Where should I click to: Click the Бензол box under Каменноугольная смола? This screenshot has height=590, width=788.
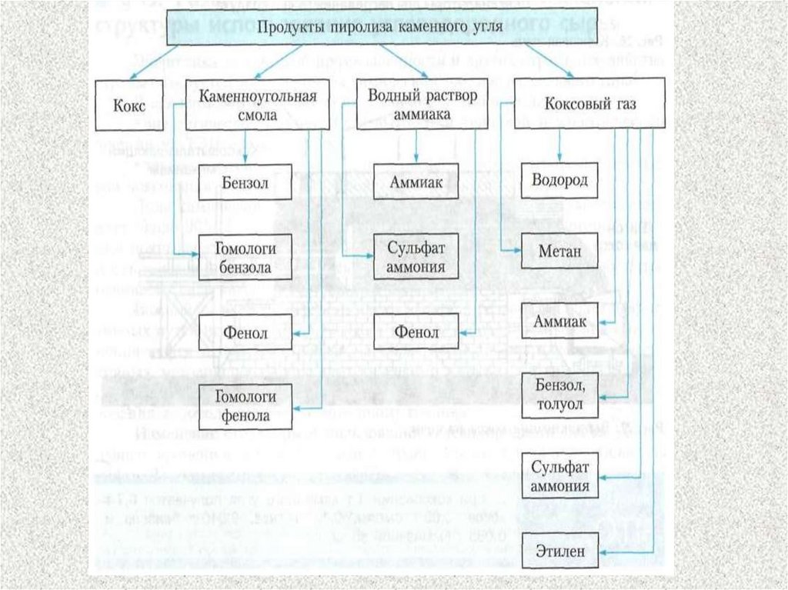tap(245, 182)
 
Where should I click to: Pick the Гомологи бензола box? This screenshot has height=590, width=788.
tap(245, 257)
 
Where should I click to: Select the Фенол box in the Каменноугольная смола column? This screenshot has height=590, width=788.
tap(245, 332)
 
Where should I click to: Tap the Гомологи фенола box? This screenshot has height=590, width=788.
tap(245, 407)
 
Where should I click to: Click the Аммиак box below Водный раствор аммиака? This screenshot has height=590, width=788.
tap(416, 182)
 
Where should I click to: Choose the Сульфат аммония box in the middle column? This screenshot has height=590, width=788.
tap(416, 257)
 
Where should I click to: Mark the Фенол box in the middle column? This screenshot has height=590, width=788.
tap(416, 332)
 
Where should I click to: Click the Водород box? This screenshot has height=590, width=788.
tap(559, 182)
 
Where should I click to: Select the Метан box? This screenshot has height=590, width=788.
tap(559, 250)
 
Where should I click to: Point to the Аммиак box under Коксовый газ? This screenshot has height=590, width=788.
tap(559, 321)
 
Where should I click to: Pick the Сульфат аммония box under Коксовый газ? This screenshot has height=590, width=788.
tap(559, 478)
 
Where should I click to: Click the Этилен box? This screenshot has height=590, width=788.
tap(559, 550)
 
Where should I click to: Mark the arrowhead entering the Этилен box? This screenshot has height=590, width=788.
tap(602, 550)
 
